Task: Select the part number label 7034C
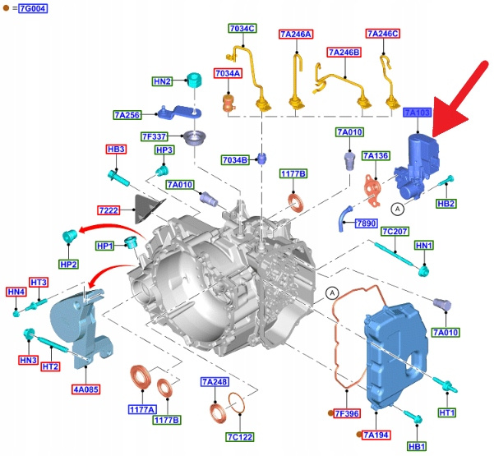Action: tap(242, 29)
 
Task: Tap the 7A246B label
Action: tap(344, 53)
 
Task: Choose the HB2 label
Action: tap(446, 203)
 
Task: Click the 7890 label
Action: tap(365, 223)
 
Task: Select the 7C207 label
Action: tap(395, 232)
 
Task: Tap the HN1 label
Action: tap(424, 246)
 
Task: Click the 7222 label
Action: tap(109, 210)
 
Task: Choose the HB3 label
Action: tap(116, 150)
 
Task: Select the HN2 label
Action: tap(162, 82)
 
